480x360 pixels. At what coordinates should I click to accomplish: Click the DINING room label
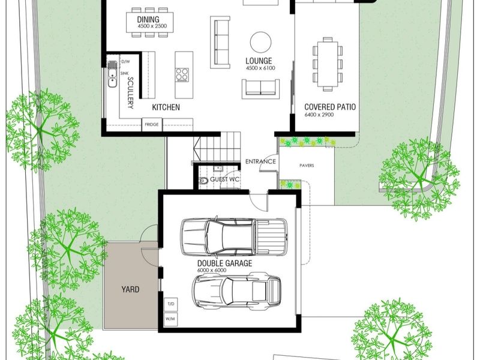[148, 19]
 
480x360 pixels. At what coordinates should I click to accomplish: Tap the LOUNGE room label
[259, 61]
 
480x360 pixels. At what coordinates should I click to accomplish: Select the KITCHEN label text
[166, 107]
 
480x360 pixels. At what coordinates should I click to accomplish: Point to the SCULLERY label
[131, 93]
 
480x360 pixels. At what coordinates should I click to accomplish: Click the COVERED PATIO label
[330, 107]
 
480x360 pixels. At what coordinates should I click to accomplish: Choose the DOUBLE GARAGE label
[224, 263]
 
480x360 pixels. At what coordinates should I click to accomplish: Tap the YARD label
[130, 289]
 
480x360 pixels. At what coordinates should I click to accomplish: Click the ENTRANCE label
[260, 161]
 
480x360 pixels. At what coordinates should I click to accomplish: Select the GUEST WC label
[224, 179]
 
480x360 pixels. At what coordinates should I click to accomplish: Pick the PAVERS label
[307, 166]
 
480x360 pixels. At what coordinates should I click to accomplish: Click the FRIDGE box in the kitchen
[152, 125]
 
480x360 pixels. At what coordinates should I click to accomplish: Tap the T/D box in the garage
[171, 304]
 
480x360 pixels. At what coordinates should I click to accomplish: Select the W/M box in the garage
[171, 319]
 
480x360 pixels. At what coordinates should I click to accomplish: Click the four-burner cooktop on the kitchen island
[182, 74]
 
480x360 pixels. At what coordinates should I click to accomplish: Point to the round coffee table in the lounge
[260, 42]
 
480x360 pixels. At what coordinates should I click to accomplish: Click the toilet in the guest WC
[203, 181]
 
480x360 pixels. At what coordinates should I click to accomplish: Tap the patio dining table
[328, 64]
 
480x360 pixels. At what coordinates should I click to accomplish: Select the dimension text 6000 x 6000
[212, 271]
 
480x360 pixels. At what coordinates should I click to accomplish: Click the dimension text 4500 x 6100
[260, 68]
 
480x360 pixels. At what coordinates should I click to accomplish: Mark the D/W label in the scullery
[125, 62]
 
